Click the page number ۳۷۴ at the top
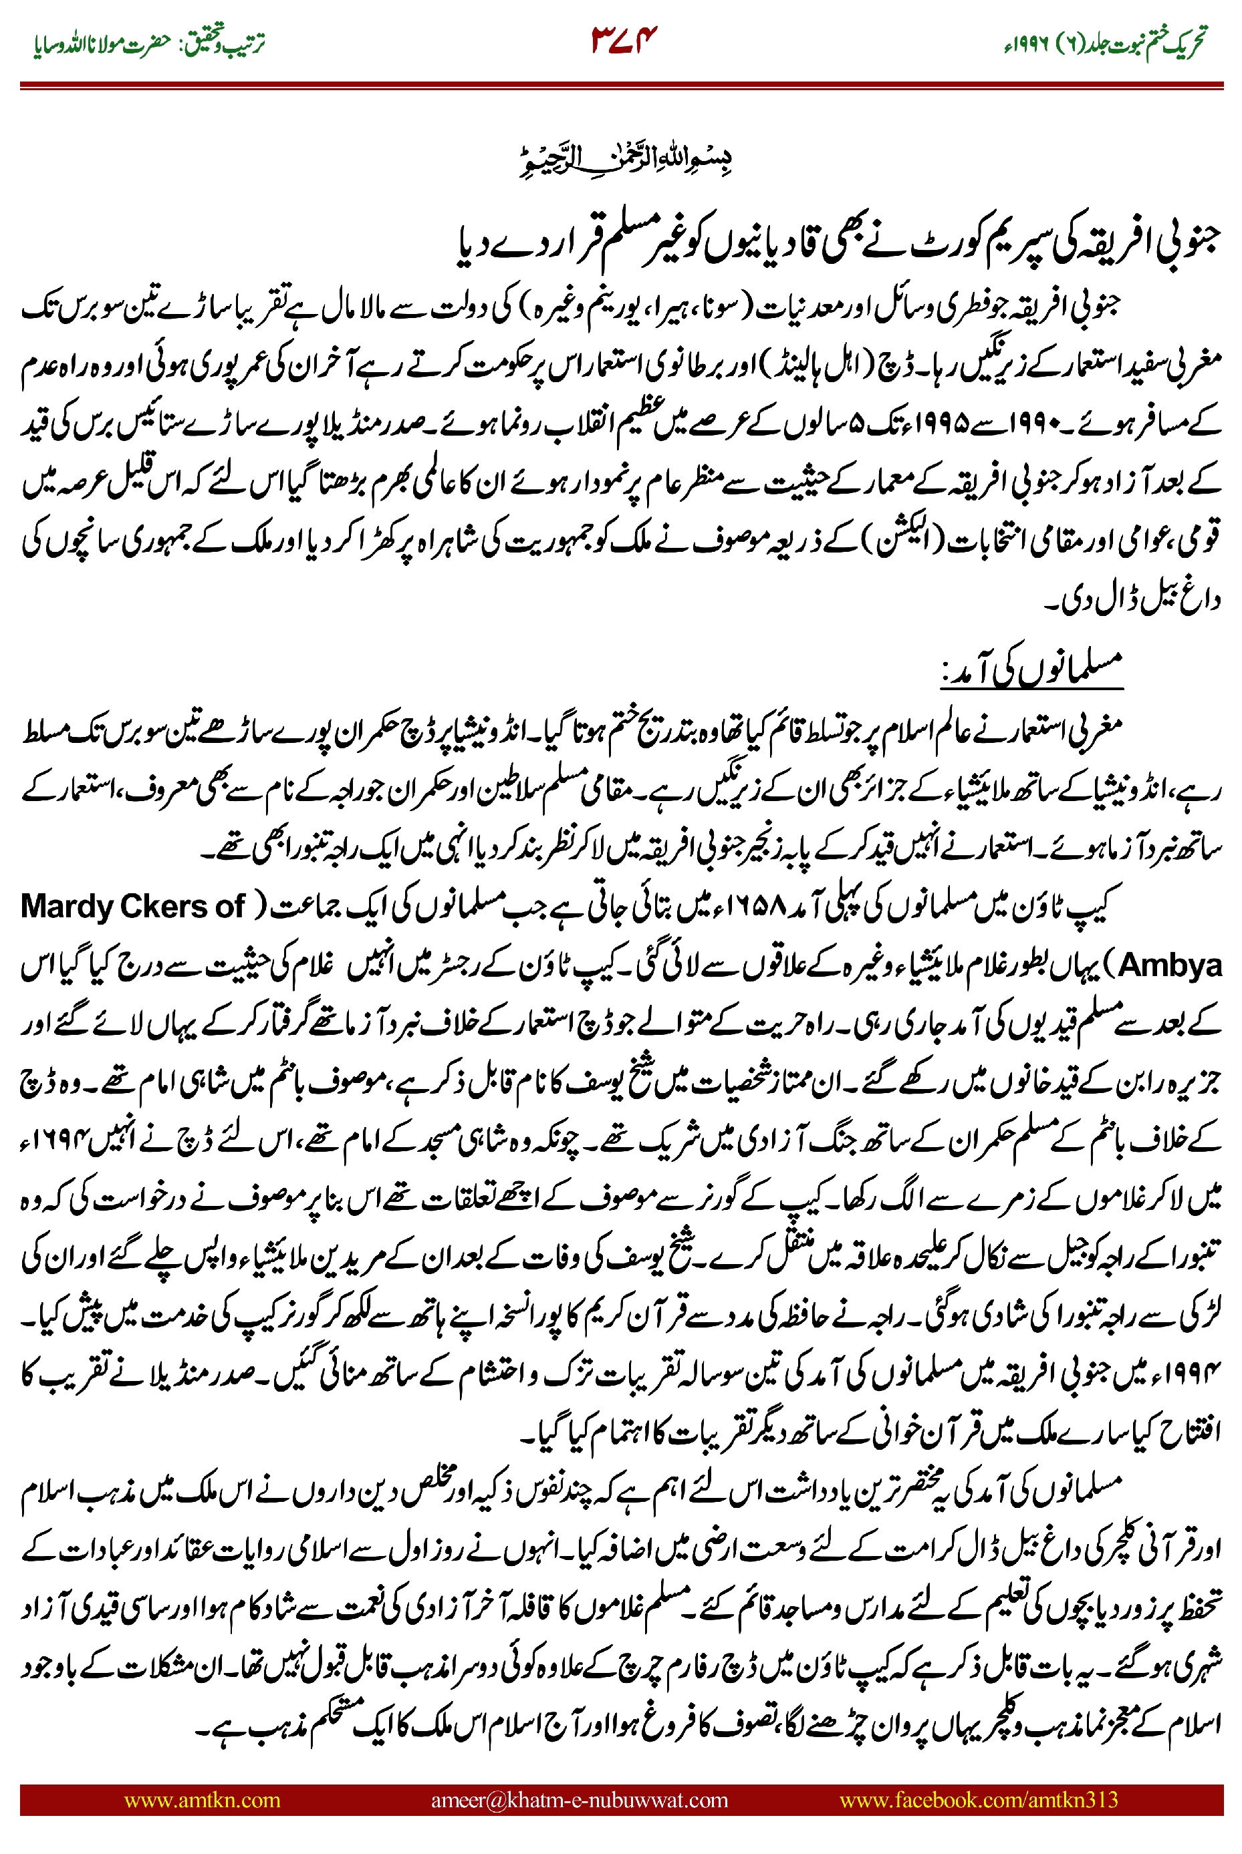[x=624, y=39]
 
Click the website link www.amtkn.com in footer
[x=202, y=1799]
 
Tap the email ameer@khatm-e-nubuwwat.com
[x=579, y=1799]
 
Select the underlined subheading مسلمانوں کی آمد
[x=1032, y=669]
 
